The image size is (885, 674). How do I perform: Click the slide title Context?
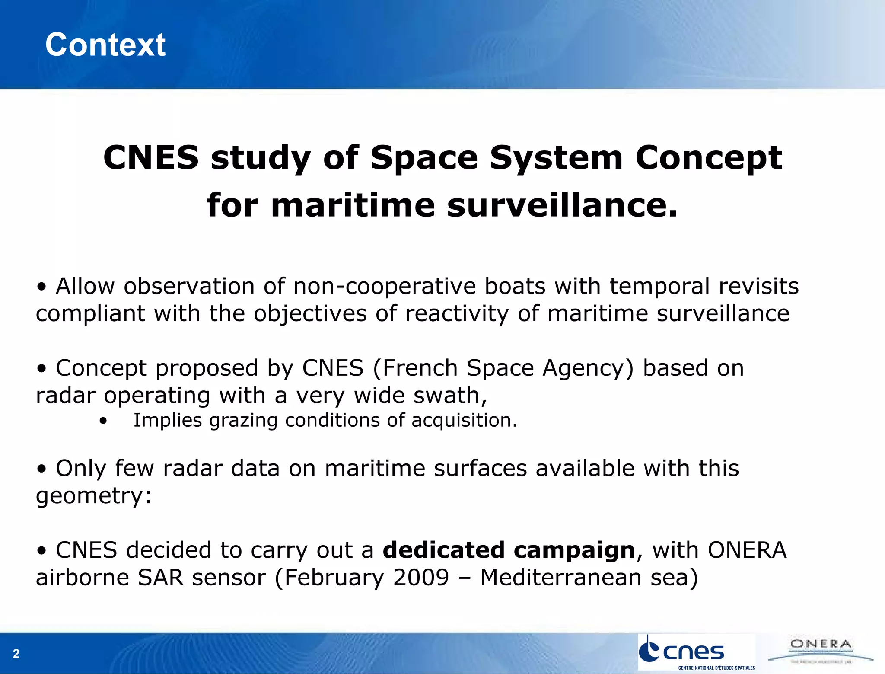[105, 45]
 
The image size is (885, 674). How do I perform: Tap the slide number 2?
[16, 653]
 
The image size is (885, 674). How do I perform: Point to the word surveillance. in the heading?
[562, 205]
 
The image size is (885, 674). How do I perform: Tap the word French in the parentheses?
[420, 368]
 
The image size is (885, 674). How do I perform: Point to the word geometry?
[94, 495]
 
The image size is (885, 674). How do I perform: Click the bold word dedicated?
[444, 550]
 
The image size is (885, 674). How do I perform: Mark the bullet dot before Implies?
[103, 421]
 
